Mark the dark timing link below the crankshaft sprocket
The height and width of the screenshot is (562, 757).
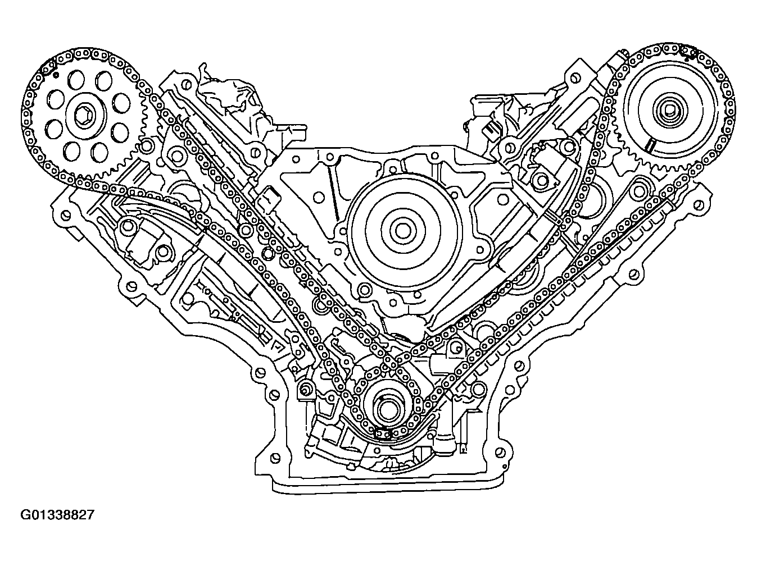tap(382, 434)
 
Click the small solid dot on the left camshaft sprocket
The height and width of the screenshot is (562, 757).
tap(56, 74)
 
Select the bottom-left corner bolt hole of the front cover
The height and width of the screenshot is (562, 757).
tap(274, 458)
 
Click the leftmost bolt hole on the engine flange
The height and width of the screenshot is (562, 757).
tap(65, 215)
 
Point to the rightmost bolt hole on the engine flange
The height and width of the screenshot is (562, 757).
tap(699, 204)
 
